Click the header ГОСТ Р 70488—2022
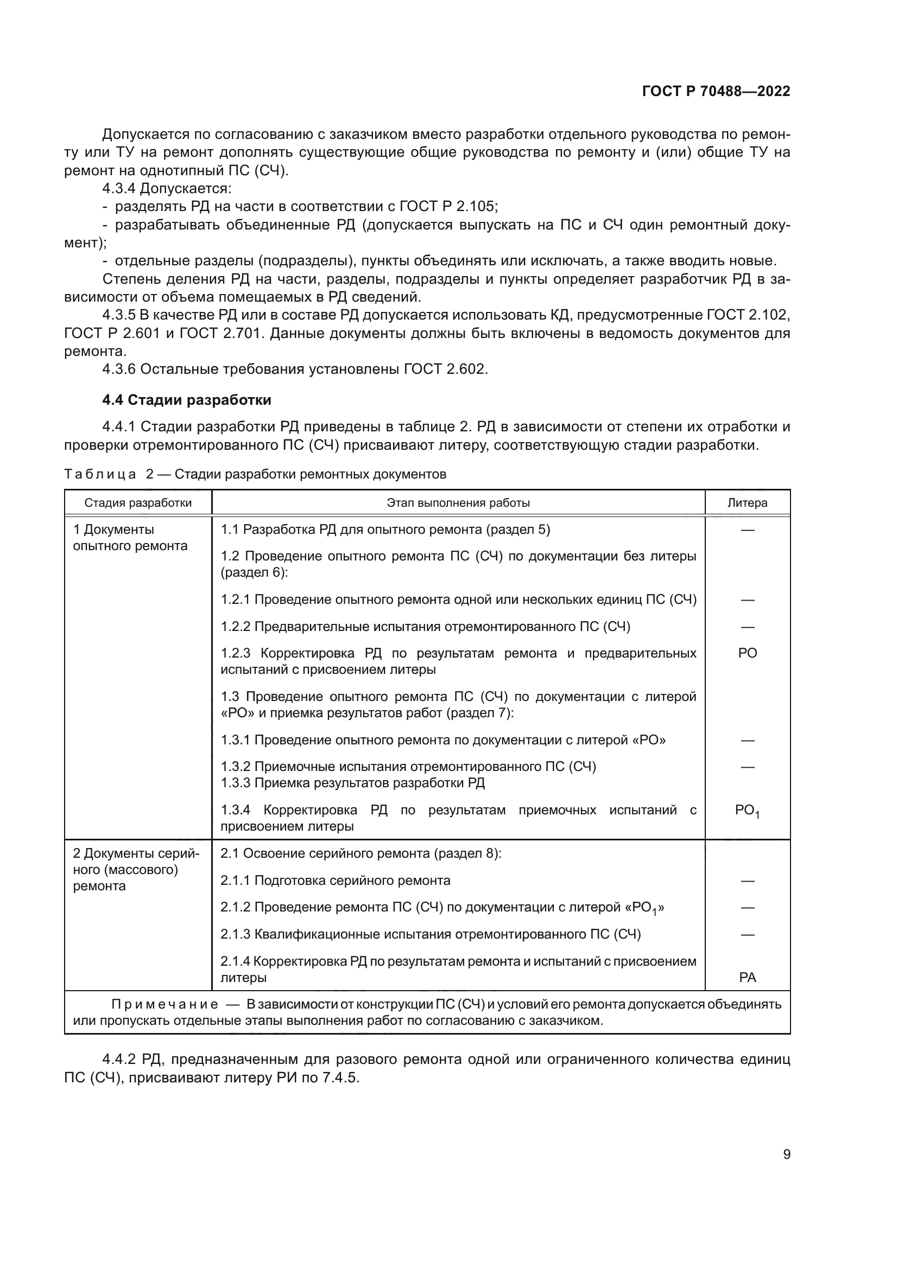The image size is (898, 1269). (x=716, y=91)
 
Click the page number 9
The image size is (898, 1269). (x=786, y=1154)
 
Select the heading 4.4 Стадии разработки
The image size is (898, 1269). (x=186, y=400)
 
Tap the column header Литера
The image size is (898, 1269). (x=747, y=502)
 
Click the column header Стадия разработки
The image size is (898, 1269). (x=138, y=502)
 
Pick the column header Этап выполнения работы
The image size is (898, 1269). (x=458, y=502)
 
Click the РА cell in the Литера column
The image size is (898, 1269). (x=747, y=977)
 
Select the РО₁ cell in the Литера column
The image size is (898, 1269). (x=747, y=811)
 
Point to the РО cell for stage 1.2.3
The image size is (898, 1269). (x=747, y=653)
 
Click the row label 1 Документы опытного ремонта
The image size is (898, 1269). (x=130, y=537)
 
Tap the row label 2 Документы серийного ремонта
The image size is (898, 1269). (x=136, y=869)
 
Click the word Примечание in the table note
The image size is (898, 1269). (x=165, y=1004)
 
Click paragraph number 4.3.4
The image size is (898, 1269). (x=118, y=188)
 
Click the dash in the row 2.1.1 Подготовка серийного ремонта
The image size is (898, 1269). (x=747, y=881)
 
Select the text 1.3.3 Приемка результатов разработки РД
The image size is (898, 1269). (x=353, y=783)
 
